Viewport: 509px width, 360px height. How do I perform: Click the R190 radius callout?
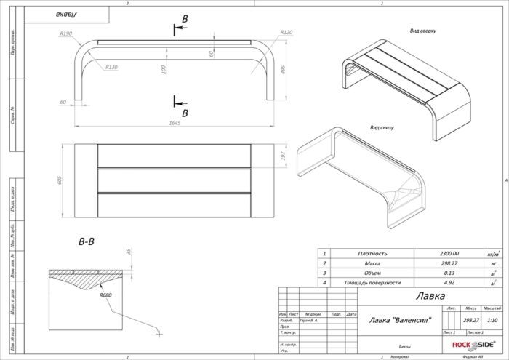(66, 34)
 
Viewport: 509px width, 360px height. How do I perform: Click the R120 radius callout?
(286, 33)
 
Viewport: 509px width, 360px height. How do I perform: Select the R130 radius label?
(111, 68)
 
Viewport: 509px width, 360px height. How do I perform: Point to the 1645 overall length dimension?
(174, 122)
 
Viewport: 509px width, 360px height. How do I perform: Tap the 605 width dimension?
(61, 180)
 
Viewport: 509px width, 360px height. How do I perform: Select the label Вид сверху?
(423, 31)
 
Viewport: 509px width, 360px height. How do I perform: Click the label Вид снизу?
(382, 127)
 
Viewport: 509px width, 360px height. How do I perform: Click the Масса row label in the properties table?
(372, 263)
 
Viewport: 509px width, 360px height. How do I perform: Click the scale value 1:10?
(492, 319)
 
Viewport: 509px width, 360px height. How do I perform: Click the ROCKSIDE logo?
(473, 345)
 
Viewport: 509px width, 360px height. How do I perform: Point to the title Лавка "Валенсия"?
(396, 319)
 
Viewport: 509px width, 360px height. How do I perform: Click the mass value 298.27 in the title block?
(470, 319)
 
